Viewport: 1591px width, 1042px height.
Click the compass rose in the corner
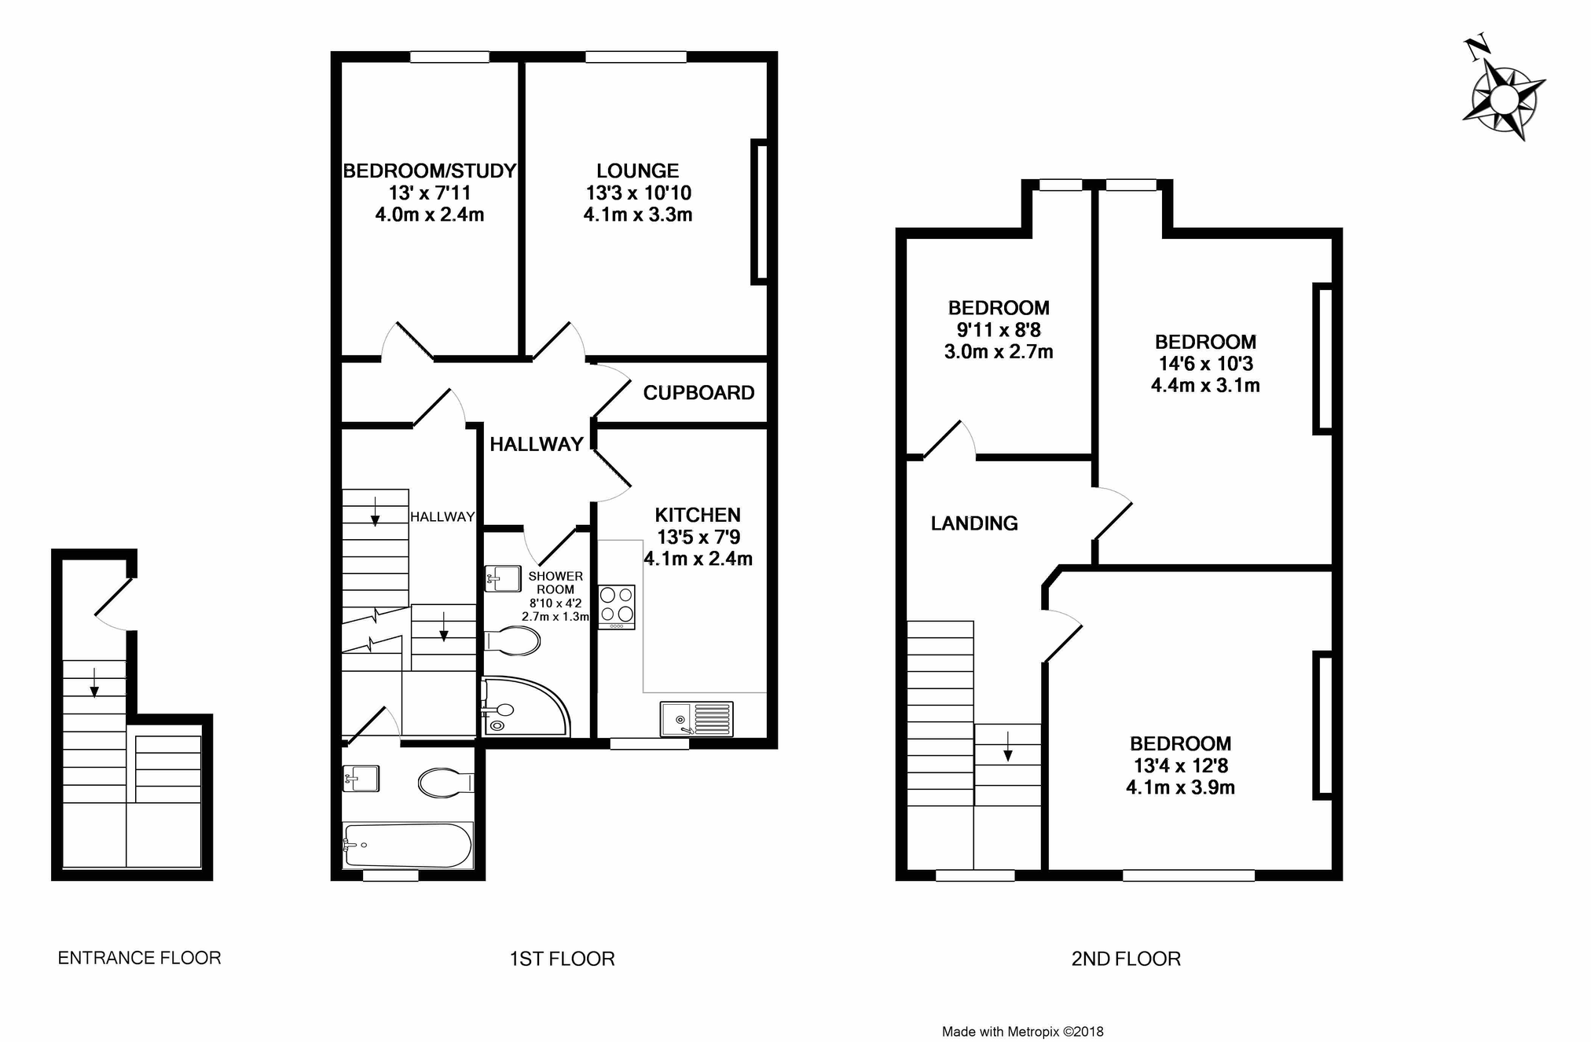pos(1503,99)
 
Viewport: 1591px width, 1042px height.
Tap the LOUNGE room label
pos(637,171)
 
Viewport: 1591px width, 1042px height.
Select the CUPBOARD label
pos(698,393)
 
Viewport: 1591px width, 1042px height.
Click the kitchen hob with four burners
pos(617,607)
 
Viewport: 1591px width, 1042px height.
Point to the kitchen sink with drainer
pos(697,719)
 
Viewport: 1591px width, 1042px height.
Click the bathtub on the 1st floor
pos(408,845)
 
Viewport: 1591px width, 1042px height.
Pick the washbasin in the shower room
pos(503,578)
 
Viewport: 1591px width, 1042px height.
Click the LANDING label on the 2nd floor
pos(974,523)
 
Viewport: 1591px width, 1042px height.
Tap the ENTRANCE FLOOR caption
pos(140,958)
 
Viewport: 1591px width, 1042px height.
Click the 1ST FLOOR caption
pos(563,959)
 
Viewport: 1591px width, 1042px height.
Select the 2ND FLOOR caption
pos(1126,959)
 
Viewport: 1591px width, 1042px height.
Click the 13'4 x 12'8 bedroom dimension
pos(1180,765)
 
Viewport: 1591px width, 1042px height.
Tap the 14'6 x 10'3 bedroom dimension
pos(1205,364)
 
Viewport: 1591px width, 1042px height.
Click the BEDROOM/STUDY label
pos(430,171)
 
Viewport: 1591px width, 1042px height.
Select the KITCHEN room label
pos(698,515)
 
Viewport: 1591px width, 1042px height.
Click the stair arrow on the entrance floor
pos(94,682)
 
